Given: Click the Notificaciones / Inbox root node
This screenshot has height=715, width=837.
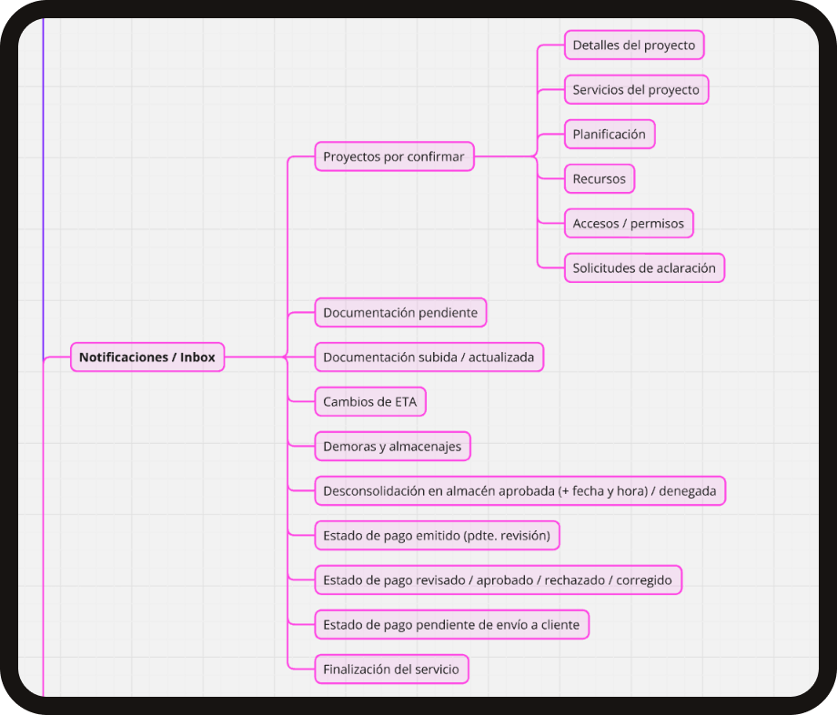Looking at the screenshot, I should point(147,357).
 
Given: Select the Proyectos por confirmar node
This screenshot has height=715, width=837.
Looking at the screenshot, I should point(394,156).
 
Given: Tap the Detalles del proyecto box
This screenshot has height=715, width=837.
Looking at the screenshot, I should point(633,45).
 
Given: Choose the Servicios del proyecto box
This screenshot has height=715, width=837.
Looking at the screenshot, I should point(636,89).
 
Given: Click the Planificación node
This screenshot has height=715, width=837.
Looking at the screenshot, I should point(609,134).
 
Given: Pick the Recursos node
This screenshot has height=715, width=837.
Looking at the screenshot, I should point(599,178).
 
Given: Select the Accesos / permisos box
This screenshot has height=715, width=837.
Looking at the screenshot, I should point(629,223).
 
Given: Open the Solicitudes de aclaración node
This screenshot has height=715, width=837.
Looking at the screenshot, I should point(644,267).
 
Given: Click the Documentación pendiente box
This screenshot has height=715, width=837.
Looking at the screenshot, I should point(400,312).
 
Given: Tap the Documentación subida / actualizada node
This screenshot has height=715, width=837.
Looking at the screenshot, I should point(429,357).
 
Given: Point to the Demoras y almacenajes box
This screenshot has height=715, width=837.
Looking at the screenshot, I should point(392,446).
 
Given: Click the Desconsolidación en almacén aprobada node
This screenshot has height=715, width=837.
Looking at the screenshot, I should point(519,491).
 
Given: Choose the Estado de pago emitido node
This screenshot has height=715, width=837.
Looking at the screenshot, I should point(437,536).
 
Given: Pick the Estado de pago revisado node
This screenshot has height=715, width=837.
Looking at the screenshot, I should point(498,580).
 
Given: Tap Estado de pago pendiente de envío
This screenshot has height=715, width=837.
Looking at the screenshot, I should point(451,625).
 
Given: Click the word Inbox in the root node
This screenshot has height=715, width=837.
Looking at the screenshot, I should point(197,357).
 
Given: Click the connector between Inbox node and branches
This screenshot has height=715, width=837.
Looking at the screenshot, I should point(256,357).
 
